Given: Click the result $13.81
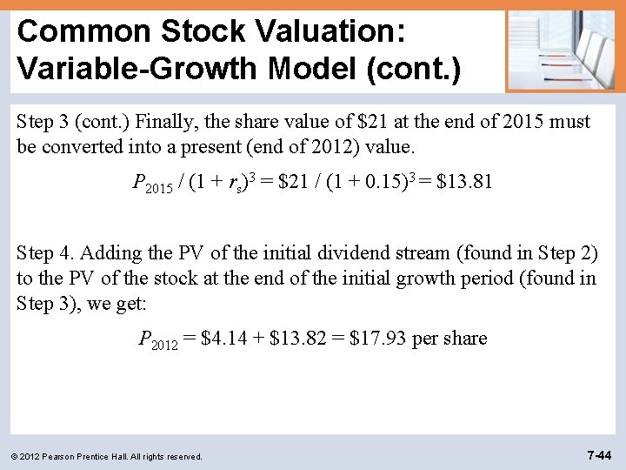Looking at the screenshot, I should (463, 182).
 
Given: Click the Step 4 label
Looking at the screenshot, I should (43, 253).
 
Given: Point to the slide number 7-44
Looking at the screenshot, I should (599, 454).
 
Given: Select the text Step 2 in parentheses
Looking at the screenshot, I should (563, 253).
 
